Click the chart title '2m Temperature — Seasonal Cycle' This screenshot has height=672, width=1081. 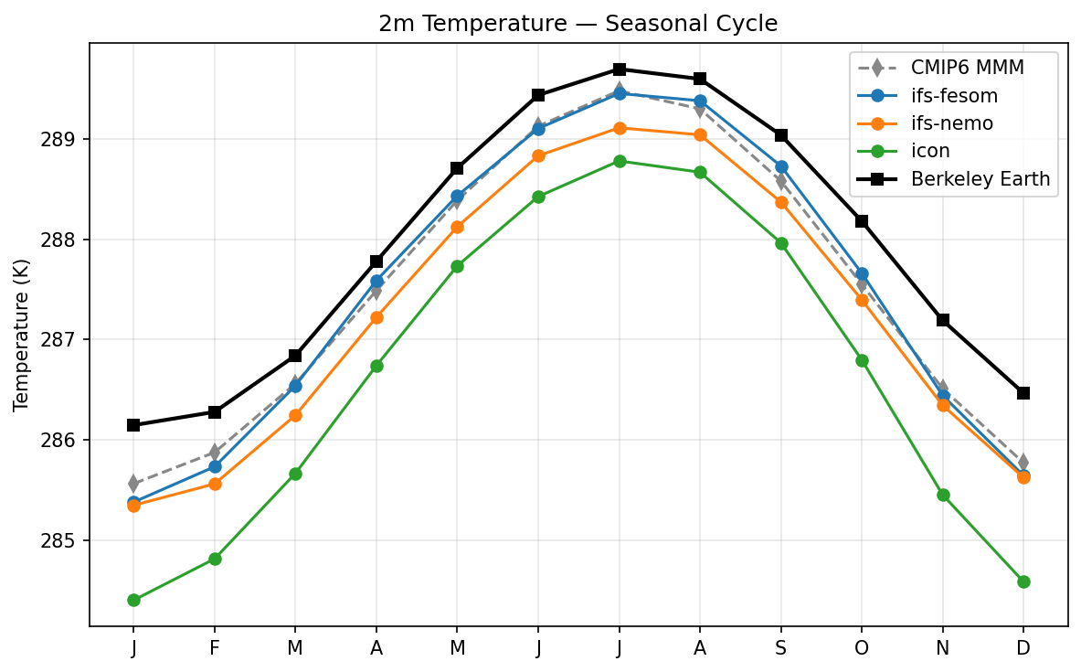[x=578, y=24]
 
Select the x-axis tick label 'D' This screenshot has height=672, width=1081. [x=1023, y=648]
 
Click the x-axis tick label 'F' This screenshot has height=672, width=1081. [x=215, y=648]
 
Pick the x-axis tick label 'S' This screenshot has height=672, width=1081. [x=781, y=648]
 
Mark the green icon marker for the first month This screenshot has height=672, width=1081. [x=133, y=600]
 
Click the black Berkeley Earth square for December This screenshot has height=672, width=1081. [x=1023, y=393]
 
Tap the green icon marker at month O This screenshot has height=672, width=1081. [x=862, y=360]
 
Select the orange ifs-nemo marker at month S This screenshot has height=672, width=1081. [x=781, y=202]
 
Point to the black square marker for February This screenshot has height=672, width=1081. [x=215, y=412]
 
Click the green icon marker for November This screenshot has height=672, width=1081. [x=943, y=495]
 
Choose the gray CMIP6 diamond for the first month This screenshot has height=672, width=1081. [x=133, y=483]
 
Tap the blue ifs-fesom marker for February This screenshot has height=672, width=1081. [x=215, y=466]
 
